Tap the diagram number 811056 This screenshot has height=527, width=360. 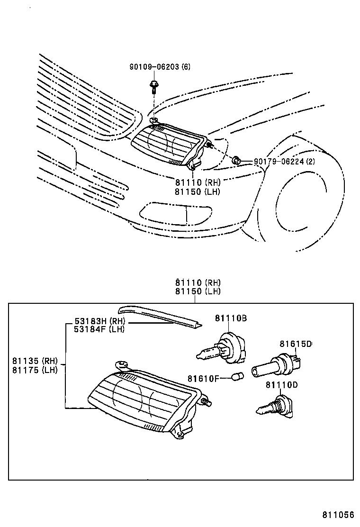tap(339, 515)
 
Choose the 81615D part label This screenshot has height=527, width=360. tap(295, 344)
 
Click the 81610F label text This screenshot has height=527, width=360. tap(203, 378)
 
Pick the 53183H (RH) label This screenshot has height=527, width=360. tap(99, 321)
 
